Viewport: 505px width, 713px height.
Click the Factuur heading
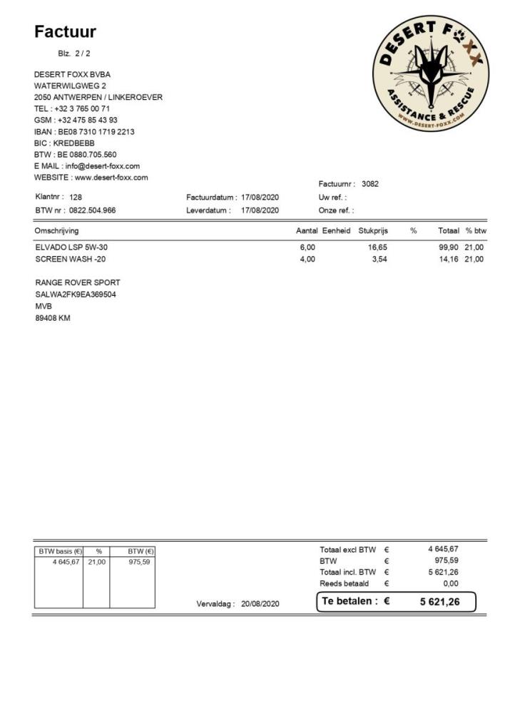click(65, 32)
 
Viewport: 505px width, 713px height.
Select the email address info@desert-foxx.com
click(103, 166)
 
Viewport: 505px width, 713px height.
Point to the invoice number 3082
click(370, 184)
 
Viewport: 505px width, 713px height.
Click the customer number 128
click(76, 197)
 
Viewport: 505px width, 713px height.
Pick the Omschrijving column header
click(56, 231)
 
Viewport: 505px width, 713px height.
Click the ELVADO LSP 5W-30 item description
click(71, 247)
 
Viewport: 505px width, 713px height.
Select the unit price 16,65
click(377, 247)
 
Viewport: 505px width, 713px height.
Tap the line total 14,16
click(449, 260)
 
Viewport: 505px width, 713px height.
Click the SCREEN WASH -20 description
click(70, 260)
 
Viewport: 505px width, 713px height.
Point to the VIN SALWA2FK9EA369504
click(76, 294)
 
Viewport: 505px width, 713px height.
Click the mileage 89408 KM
click(53, 318)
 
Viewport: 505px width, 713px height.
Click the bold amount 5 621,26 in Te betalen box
click(439, 602)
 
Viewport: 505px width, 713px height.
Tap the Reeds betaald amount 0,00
click(450, 583)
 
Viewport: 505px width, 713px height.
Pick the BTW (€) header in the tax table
click(141, 551)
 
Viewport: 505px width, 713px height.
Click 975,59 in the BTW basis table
click(139, 562)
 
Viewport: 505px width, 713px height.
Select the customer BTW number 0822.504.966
click(93, 210)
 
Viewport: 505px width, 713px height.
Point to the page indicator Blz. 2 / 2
click(74, 53)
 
